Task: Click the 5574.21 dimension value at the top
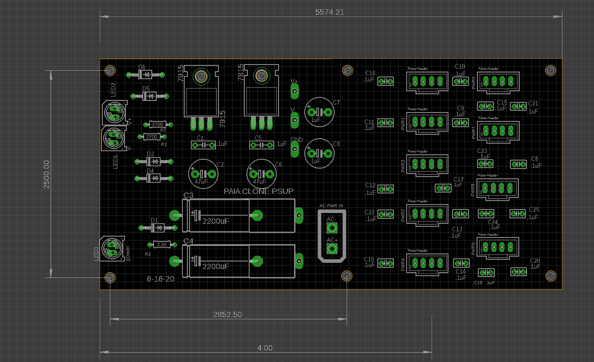330,12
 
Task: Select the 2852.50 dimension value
227,314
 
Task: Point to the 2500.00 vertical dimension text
46,174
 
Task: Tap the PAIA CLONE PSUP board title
259,191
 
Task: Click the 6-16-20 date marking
161,279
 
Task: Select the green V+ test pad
294,92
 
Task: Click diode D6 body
145,74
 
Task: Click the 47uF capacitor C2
204,174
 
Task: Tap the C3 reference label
188,195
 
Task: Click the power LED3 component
112,248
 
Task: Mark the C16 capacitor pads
385,81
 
